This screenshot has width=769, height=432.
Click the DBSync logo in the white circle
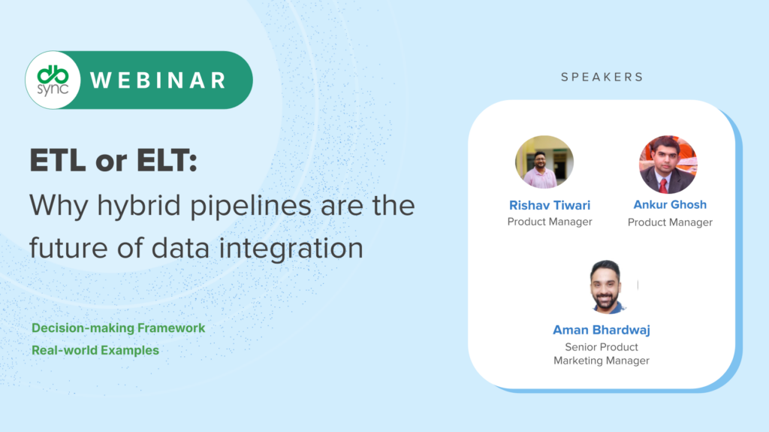coord(53,80)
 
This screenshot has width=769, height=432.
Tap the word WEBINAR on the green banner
coord(158,80)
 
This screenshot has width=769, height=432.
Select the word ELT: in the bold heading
coord(167,161)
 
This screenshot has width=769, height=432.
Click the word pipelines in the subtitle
coord(251,205)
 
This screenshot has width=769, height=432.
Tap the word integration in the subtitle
coord(291,248)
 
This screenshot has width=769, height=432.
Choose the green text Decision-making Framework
coord(118,328)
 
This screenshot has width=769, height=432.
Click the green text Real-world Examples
coord(95,350)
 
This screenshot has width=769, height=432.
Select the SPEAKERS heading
coord(602,77)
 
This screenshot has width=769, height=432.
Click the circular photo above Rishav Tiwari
coord(544,162)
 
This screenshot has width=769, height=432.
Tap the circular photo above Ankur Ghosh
coord(668,165)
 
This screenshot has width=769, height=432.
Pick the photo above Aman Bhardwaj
coord(607,287)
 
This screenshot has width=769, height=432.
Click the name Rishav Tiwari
coord(550,205)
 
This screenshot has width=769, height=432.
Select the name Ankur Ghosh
coord(670,204)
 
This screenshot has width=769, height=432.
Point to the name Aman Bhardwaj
coord(602,330)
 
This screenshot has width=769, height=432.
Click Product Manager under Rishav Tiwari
coord(550,222)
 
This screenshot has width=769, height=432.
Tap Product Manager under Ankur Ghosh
coord(670,222)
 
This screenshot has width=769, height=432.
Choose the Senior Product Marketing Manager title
coord(602,353)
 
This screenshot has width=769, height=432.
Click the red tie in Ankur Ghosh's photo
coord(663,186)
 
